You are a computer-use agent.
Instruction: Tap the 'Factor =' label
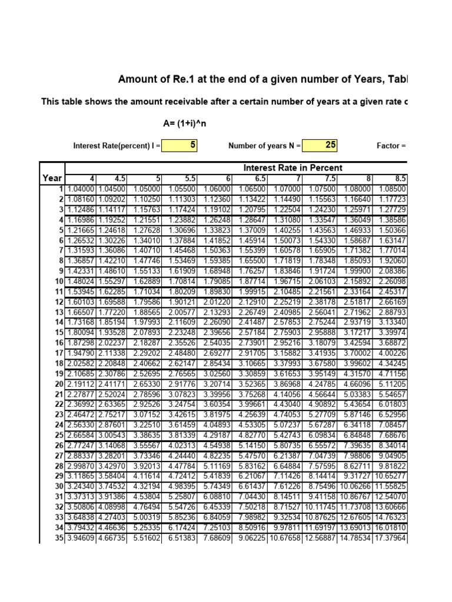pyautogui.click(x=391, y=145)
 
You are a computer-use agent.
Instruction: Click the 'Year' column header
pyautogui.click(x=52, y=178)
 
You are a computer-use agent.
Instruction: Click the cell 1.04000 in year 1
pyautogui.click(x=81, y=188)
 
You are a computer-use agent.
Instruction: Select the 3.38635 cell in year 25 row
pyautogui.click(x=145, y=435)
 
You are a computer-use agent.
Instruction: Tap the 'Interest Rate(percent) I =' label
pyautogui.click(x=115, y=145)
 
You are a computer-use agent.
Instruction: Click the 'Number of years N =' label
pyautogui.click(x=264, y=145)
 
